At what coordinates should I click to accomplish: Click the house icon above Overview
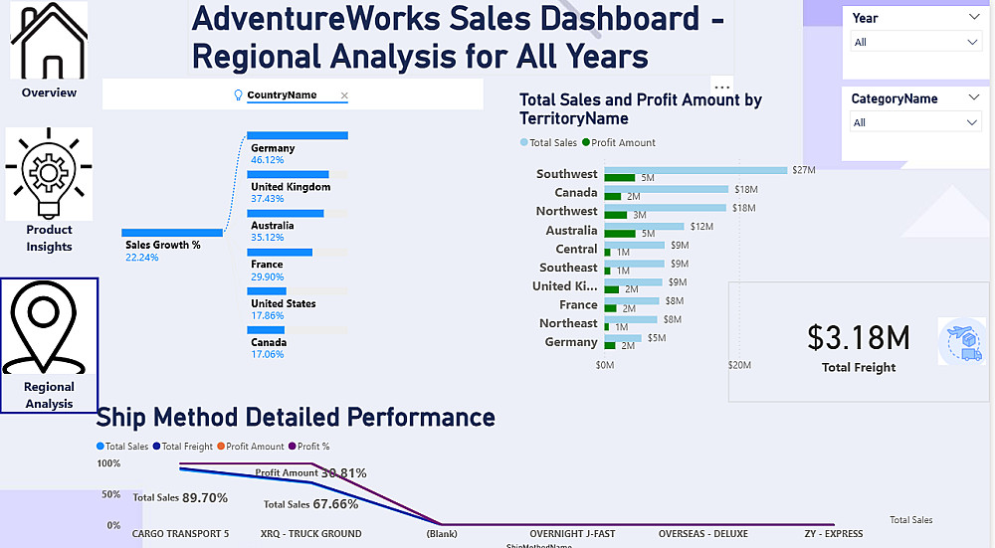(49, 42)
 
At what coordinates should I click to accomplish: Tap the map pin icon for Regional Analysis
(49, 329)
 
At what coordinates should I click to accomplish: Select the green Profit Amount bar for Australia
(620, 234)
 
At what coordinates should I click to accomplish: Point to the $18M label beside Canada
(745, 189)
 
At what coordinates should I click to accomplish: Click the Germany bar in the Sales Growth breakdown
(298, 135)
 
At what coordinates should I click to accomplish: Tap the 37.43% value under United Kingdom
(268, 199)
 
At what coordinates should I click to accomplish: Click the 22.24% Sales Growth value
(142, 258)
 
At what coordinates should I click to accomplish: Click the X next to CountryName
(344, 95)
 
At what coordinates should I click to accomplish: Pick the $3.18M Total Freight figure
(858, 338)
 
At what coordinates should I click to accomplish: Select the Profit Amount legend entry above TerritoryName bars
(619, 142)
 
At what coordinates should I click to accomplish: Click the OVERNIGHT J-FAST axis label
(572, 534)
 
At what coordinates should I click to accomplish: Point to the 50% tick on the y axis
(109, 494)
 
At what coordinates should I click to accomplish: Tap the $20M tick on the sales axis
(738, 365)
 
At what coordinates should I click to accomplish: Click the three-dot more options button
(722, 86)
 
